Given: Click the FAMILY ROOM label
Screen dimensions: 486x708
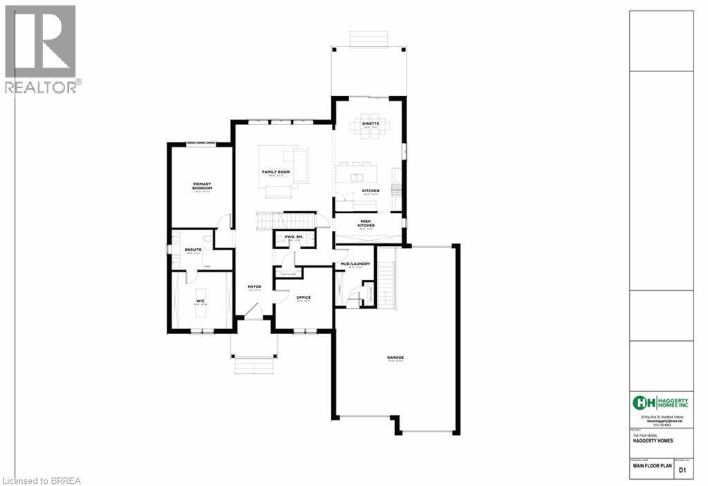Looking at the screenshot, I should tap(275, 171).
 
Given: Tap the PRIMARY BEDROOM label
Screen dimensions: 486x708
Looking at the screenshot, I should tap(202, 186).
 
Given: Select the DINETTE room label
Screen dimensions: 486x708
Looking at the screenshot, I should tap(371, 123).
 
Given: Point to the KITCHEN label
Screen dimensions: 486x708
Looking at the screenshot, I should tap(371, 191).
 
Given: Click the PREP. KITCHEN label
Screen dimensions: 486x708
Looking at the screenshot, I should tap(366, 224).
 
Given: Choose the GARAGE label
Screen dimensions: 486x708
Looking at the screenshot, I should tap(395, 357).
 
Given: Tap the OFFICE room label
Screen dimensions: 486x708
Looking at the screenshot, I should tap(304, 297).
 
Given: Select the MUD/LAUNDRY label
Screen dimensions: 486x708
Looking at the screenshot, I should tap(355, 263).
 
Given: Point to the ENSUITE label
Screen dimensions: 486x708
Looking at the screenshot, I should tap(193, 249).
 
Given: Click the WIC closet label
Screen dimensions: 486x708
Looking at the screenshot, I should tap(200, 301).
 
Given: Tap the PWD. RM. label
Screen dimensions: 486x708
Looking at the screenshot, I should tap(295, 237).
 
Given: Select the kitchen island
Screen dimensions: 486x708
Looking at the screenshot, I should tap(357, 170).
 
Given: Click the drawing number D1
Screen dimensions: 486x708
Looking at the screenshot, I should tap(682, 470).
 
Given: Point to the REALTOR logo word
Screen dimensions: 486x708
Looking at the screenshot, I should tap(40, 87).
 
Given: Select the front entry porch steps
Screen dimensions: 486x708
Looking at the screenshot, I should tap(254, 365).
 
